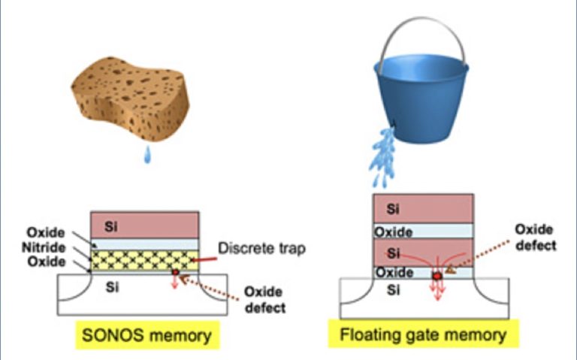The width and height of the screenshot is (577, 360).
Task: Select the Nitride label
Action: coord(47,247)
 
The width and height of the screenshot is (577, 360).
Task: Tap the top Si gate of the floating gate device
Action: coord(423,208)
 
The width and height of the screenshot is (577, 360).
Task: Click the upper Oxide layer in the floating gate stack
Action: coord(423,231)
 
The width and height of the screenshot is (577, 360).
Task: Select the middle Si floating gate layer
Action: coord(423,253)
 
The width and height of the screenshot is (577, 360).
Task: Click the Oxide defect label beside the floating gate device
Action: coord(535,237)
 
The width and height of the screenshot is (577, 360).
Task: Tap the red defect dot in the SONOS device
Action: coord(176,273)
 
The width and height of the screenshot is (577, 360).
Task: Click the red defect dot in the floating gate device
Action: coord(437,277)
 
